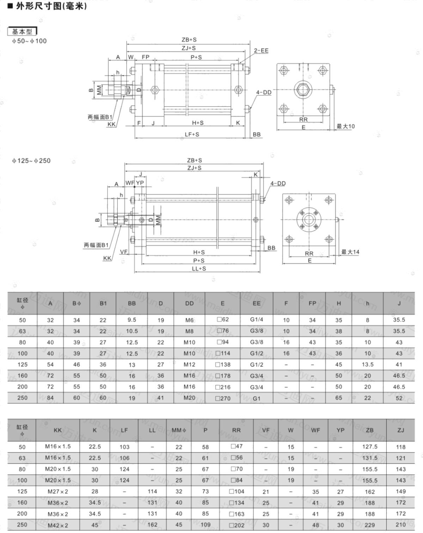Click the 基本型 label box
click(x=22, y=31)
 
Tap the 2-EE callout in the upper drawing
click(x=261, y=51)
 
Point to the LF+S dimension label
click(x=192, y=135)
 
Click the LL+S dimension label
click(x=199, y=268)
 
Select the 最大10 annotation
click(x=345, y=126)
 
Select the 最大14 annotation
click(x=350, y=252)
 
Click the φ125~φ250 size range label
click(x=31, y=161)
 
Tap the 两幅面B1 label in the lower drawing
click(x=96, y=245)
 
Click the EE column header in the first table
click(x=256, y=303)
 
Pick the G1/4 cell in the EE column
click(x=256, y=320)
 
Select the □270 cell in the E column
click(x=222, y=398)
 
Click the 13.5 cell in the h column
click(x=367, y=365)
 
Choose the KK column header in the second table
click(x=57, y=431)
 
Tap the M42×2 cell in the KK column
click(x=57, y=525)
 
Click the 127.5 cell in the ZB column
click(x=370, y=446)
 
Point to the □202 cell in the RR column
click(x=237, y=525)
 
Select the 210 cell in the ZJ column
click(x=400, y=525)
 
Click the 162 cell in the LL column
click(x=152, y=525)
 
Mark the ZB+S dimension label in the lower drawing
click(x=194, y=160)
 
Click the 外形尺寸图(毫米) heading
click(x=51, y=6)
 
